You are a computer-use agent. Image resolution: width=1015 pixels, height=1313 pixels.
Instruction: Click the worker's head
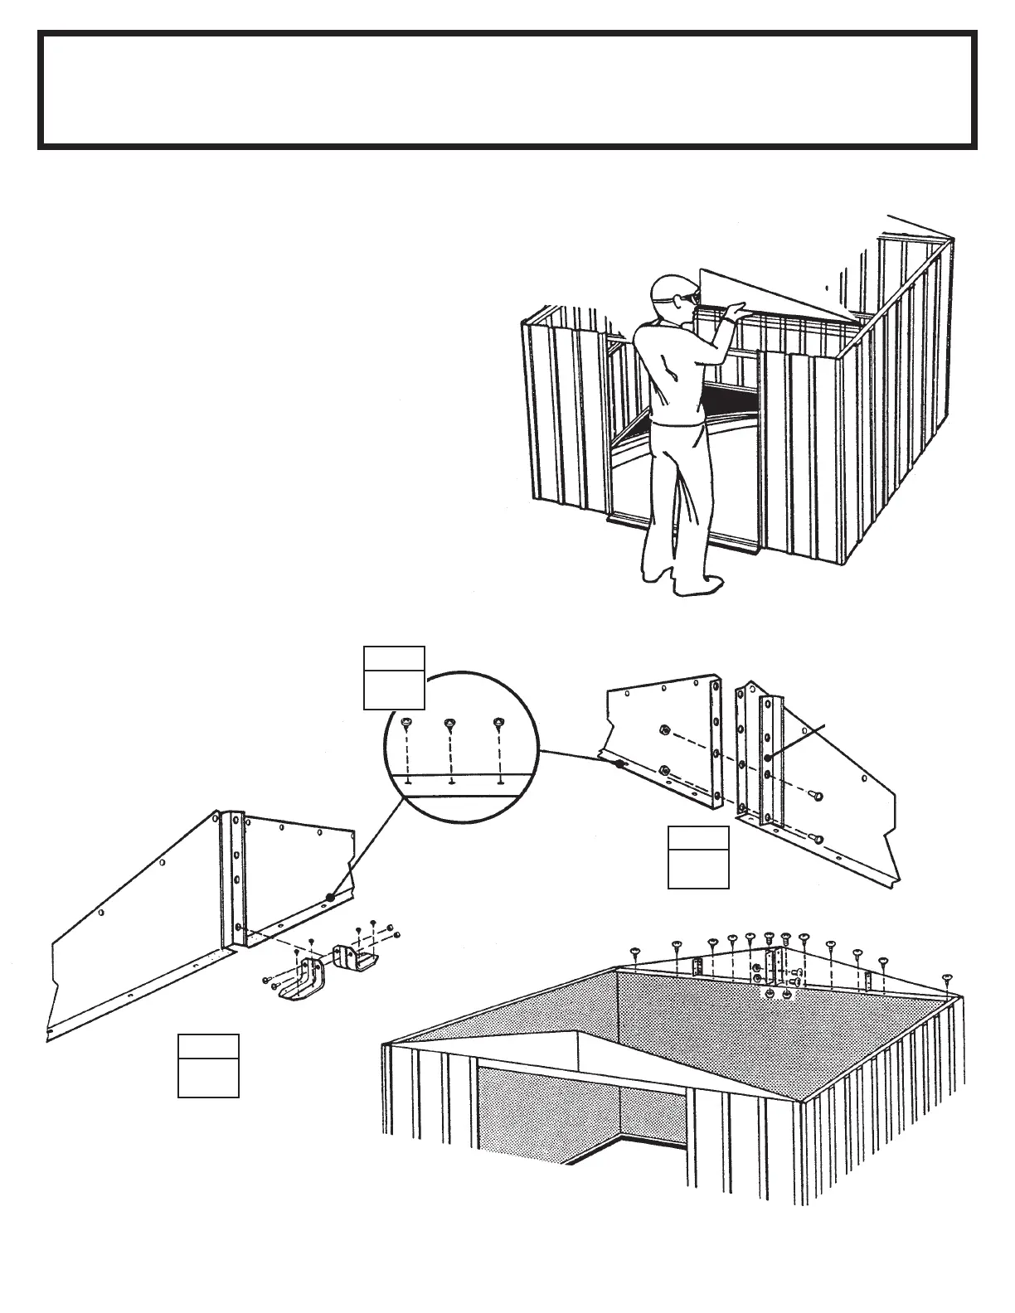pos(670,291)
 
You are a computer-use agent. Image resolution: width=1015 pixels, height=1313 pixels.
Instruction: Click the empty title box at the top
pos(507,90)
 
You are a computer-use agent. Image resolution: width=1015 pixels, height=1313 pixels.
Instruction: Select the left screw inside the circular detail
pos(406,723)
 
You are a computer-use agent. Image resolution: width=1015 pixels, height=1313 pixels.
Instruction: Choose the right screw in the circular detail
pos(498,723)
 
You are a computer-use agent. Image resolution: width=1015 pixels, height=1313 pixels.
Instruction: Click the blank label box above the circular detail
pos(394,678)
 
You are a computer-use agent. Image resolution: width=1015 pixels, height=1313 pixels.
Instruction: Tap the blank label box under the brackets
pos(208,1066)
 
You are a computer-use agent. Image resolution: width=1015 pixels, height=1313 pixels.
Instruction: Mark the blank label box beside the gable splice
pos(698,858)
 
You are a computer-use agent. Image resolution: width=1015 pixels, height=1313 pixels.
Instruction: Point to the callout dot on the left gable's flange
pos(329,897)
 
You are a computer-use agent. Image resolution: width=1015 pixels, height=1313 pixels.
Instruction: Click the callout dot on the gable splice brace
pos(768,758)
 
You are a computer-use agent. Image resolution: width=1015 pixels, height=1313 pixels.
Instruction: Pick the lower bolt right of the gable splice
pos(818,839)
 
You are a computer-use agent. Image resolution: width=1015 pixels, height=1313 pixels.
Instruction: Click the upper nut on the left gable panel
pos(663,730)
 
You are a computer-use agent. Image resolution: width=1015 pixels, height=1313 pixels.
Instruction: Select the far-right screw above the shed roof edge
pos(948,979)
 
